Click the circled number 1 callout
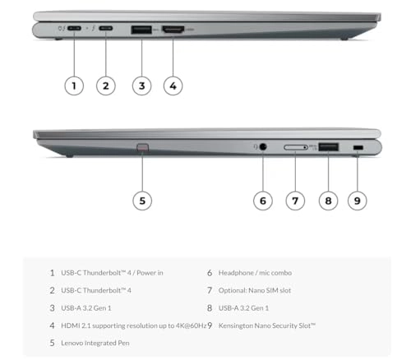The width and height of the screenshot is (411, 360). point(74,85)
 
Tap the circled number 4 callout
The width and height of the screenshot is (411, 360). point(173,85)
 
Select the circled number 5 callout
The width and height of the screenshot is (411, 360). point(142,200)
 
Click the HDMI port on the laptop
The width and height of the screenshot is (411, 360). point(173,30)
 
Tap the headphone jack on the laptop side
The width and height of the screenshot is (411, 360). point(263,147)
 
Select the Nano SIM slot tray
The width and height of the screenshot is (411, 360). point(295,147)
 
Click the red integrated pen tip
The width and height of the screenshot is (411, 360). point(142,149)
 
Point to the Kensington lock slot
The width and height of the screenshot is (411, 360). point(358,147)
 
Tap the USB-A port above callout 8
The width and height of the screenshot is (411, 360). point(327,147)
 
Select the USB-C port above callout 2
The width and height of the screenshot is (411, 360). point(106,30)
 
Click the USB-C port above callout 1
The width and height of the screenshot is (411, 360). point(75,30)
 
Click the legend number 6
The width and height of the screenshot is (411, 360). point(210,272)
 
